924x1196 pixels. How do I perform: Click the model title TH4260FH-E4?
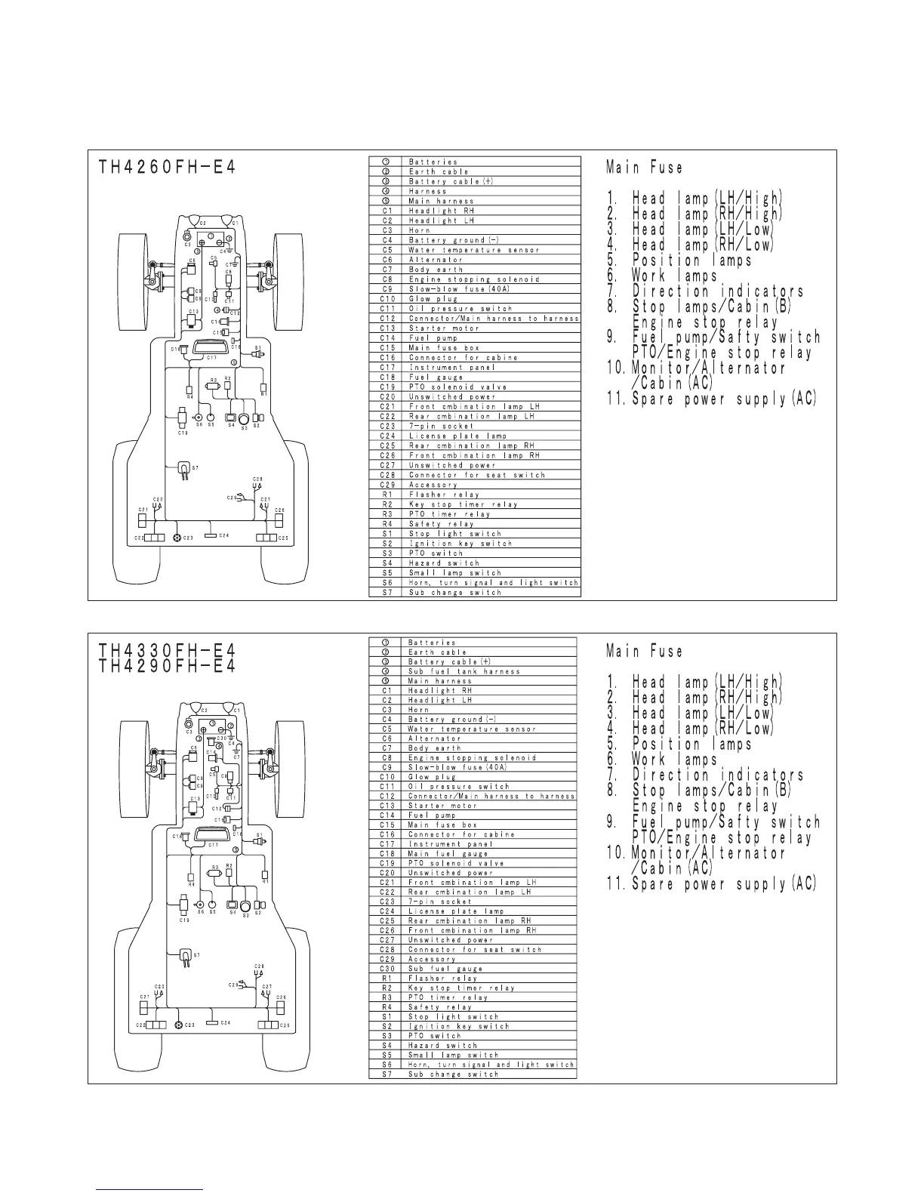(167, 167)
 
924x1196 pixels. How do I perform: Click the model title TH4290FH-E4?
(167, 666)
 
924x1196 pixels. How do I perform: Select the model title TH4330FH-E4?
(167, 650)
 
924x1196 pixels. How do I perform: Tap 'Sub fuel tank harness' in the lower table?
(464, 671)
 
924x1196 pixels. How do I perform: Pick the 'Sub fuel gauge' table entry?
(445, 969)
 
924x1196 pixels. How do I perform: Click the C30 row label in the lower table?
(387, 969)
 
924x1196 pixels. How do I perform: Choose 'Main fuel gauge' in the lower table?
(448, 853)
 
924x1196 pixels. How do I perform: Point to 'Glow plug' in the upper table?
(433, 299)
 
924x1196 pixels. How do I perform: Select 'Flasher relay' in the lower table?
(443, 979)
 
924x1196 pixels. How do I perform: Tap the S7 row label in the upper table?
(387, 593)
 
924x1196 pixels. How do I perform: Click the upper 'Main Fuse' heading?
(645, 168)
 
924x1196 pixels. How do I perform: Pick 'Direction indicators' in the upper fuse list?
(717, 291)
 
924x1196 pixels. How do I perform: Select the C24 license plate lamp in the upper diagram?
(211, 536)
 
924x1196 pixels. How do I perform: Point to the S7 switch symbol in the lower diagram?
(184, 957)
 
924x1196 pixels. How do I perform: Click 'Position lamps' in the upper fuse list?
(691, 260)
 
